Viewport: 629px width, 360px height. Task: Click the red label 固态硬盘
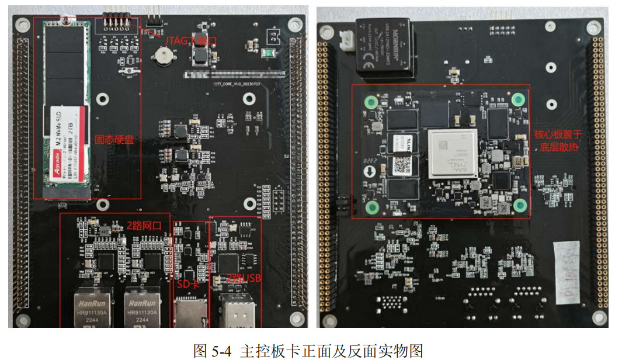(x=114, y=140)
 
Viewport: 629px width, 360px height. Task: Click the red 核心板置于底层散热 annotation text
(x=558, y=140)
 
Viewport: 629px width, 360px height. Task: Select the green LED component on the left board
(x=269, y=53)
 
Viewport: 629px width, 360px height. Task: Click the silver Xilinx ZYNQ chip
(x=453, y=153)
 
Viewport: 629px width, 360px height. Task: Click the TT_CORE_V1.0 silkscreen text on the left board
(x=236, y=85)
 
